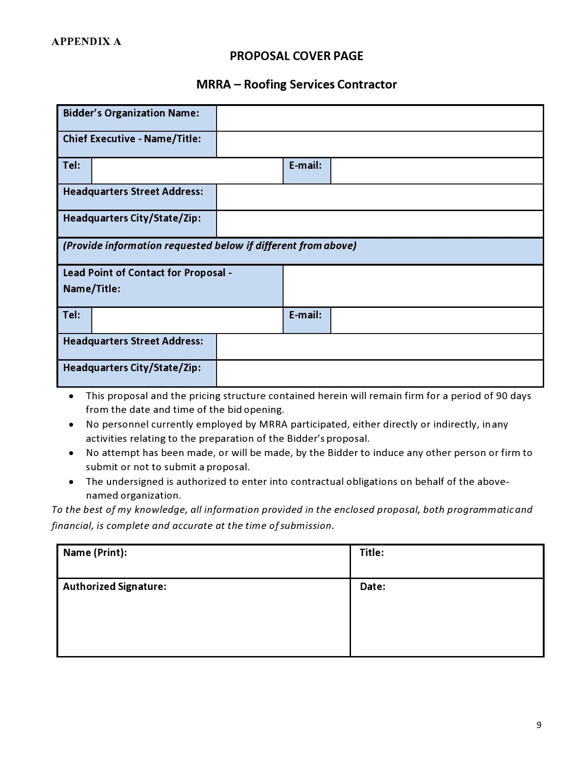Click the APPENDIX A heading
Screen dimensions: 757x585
click(x=86, y=42)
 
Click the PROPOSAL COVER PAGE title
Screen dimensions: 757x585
click(x=296, y=56)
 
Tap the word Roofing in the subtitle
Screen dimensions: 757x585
click(x=265, y=84)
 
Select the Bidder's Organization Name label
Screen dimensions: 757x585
click(x=131, y=113)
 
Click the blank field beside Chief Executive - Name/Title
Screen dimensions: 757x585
click(x=379, y=144)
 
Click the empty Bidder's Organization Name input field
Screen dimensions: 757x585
click(x=379, y=118)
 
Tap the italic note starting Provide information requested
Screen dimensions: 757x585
click(x=209, y=246)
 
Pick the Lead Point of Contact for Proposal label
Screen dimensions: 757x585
click(x=147, y=280)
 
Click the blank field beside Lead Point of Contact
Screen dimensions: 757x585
click(x=413, y=286)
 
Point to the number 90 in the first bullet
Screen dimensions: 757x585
click(x=501, y=395)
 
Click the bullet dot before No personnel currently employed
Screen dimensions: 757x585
click(x=71, y=424)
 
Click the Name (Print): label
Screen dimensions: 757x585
click(x=95, y=552)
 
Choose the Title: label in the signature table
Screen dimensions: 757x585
click(x=371, y=552)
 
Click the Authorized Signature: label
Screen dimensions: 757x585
click(x=114, y=586)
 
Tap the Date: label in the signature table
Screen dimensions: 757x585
click(x=372, y=586)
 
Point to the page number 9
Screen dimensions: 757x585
click(x=539, y=725)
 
